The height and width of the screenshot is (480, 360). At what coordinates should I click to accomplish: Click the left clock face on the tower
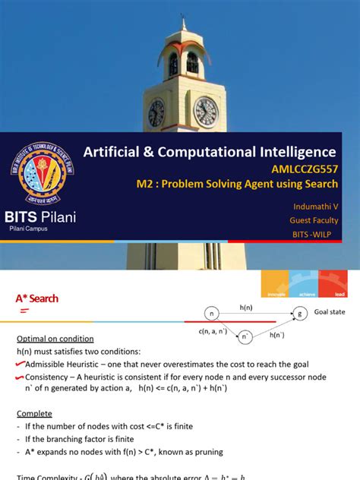click(156, 112)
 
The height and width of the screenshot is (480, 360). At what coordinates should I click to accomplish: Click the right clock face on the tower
click(205, 111)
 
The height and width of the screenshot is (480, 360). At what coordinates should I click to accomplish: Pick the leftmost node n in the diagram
click(212, 313)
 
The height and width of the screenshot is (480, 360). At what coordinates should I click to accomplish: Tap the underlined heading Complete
click(35, 414)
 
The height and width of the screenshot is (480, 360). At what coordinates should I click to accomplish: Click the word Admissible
click(50, 364)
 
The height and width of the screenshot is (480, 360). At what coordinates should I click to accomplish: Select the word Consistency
click(51, 377)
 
